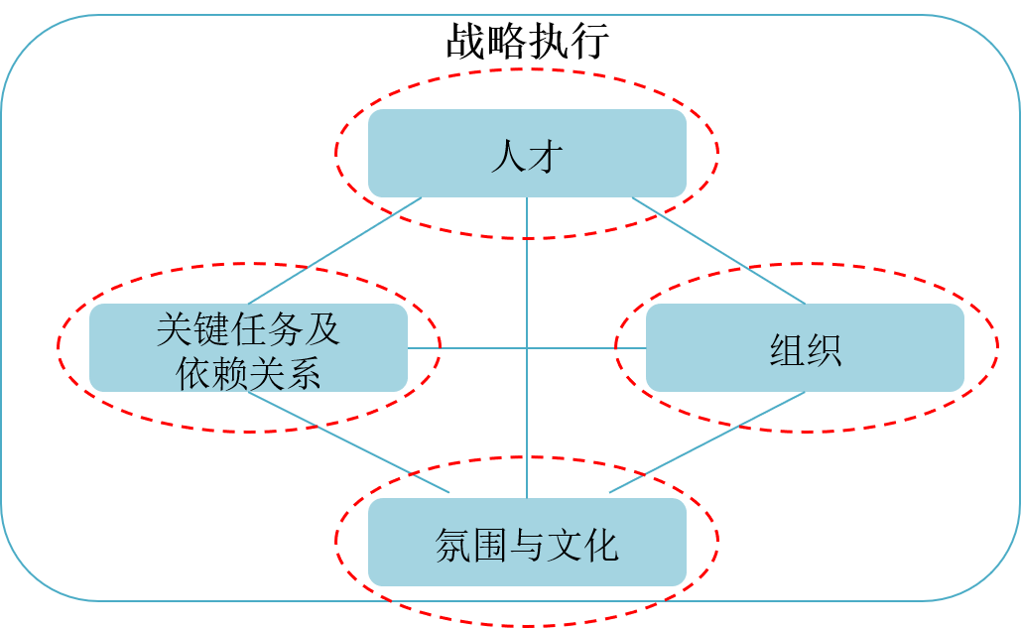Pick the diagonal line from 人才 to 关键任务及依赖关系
point(335,250)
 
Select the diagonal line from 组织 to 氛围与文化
point(706,442)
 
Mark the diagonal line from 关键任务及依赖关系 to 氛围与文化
point(347,442)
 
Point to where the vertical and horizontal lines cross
point(527,347)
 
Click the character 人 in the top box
point(508,157)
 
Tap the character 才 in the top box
point(545,157)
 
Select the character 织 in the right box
point(824,349)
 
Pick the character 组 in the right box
point(787,349)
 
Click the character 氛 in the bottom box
point(452,545)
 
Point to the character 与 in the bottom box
point(527,545)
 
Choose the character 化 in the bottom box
point(601,545)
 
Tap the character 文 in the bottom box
point(564,545)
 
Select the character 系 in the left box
point(304,371)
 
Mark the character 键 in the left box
point(210,328)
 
